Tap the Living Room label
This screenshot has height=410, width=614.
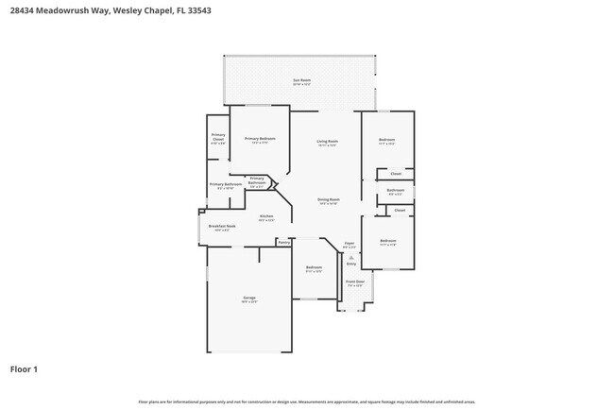(x=328, y=141)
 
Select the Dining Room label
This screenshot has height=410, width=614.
(x=328, y=199)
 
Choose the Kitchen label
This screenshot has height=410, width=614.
(x=266, y=216)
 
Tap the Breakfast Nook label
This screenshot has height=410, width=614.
(x=222, y=227)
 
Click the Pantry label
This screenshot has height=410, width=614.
(x=283, y=242)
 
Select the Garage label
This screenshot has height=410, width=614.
(x=248, y=298)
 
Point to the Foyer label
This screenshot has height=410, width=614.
(x=349, y=243)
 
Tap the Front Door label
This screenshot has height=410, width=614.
(x=354, y=282)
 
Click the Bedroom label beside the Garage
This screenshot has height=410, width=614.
(x=314, y=267)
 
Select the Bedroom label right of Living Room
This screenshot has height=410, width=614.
(x=386, y=139)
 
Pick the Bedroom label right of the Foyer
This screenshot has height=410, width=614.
(x=387, y=241)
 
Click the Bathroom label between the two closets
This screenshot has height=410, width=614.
(x=395, y=190)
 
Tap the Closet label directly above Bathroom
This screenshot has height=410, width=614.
(x=396, y=173)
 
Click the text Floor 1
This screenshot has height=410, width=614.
(x=24, y=368)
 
